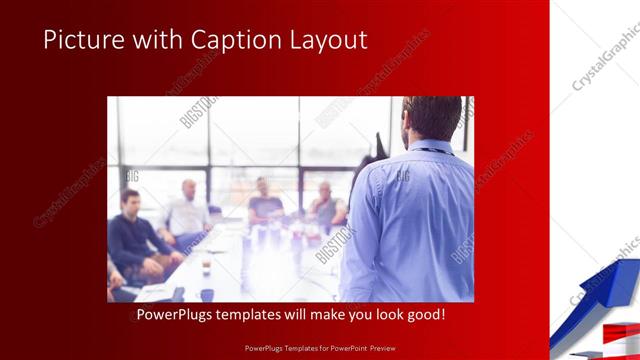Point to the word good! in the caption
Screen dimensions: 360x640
(424, 315)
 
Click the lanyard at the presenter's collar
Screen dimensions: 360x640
(432, 150)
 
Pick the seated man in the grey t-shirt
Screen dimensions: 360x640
(265, 205)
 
